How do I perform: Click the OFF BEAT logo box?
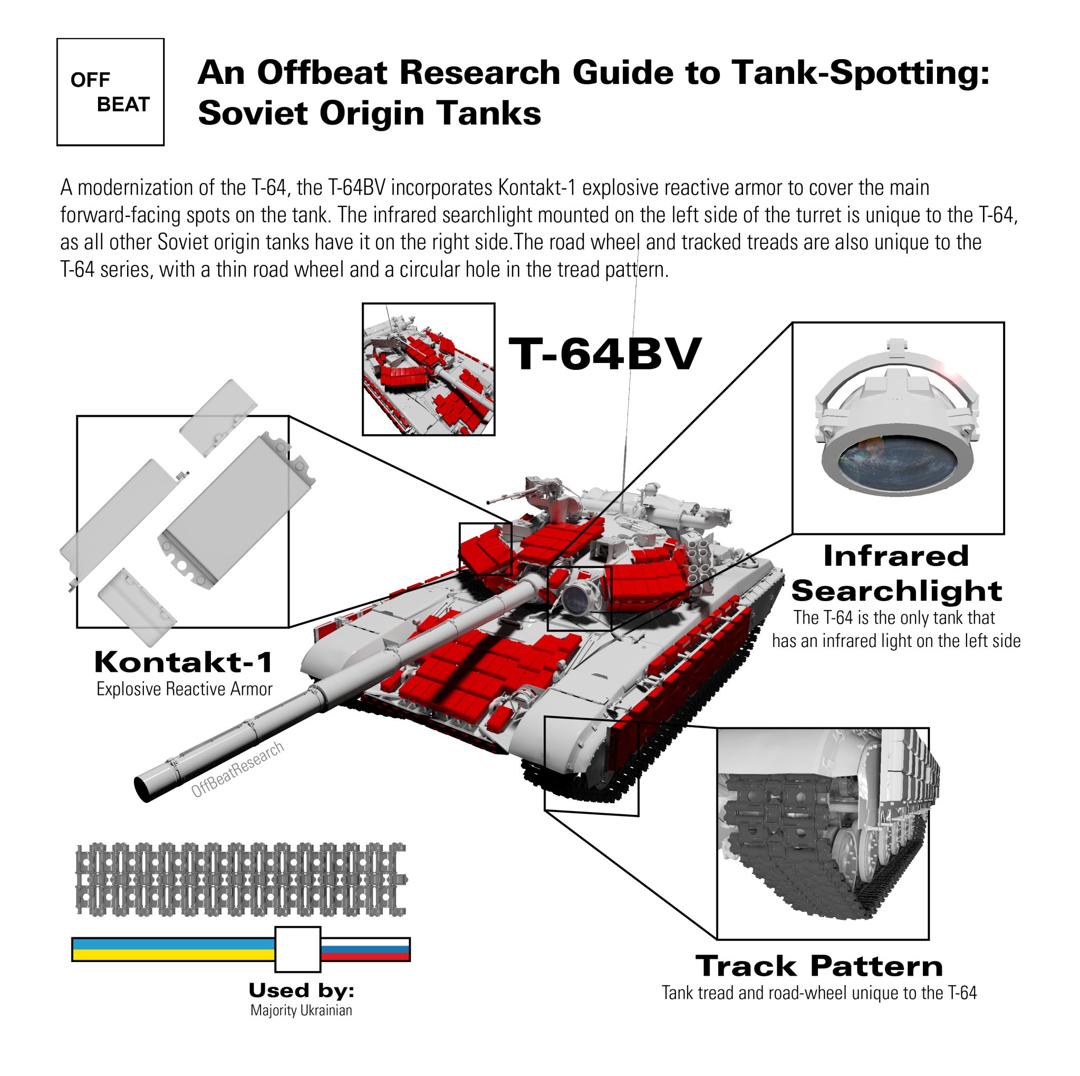pyautogui.click(x=110, y=92)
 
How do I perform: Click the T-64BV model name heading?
pyautogui.click(x=604, y=354)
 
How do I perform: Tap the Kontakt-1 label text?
pyautogui.click(x=184, y=662)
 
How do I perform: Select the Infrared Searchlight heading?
pyautogui.click(x=896, y=573)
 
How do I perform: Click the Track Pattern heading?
pyautogui.click(x=819, y=966)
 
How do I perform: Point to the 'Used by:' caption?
pyautogui.click(x=301, y=991)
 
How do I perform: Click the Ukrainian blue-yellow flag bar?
pyautogui.click(x=173, y=949)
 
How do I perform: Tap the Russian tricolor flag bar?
pyautogui.click(x=365, y=949)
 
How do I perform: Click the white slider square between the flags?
pyautogui.click(x=297, y=949)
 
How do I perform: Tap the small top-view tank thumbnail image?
pyautogui.click(x=428, y=369)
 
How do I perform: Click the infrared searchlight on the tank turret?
pyautogui.click(x=577, y=597)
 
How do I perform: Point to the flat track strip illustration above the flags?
pyautogui.click(x=240, y=879)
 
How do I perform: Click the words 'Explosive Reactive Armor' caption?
pyautogui.click(x=184, y=689)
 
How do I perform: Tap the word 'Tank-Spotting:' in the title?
pyautogui.click(x=861, y=73)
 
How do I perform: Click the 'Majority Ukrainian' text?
pyautogui.click(x=301, y=1010)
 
